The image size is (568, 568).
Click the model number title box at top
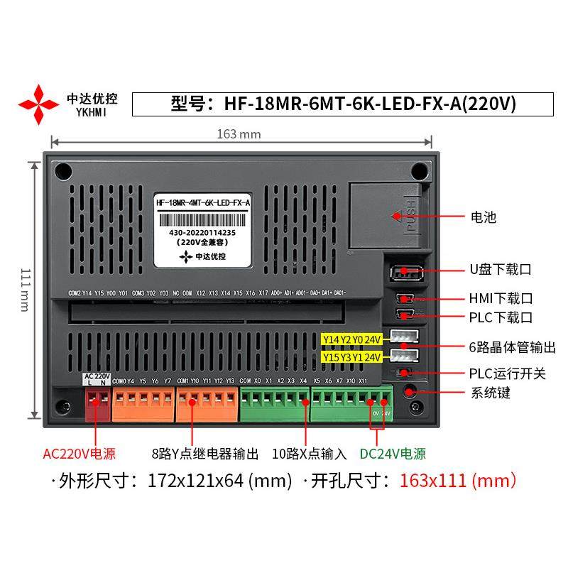(343, 104)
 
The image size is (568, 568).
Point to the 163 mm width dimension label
(239, 134)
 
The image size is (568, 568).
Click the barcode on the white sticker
(203, 218)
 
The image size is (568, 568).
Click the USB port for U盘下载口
(404, 271)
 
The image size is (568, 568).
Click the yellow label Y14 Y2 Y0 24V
(352, 339)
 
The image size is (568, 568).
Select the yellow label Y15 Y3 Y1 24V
(352, 356)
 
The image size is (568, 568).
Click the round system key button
(410, 391)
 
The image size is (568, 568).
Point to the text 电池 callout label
(484, 217)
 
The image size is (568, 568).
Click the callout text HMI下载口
(501, 298)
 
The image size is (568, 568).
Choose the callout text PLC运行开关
(507, 373)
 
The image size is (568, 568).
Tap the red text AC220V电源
(80, 454)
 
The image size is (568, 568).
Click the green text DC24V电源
(392, 454)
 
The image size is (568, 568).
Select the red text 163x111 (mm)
(457, 481)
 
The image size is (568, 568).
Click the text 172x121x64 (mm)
(219, 481)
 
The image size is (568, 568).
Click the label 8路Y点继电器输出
(205, 454)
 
